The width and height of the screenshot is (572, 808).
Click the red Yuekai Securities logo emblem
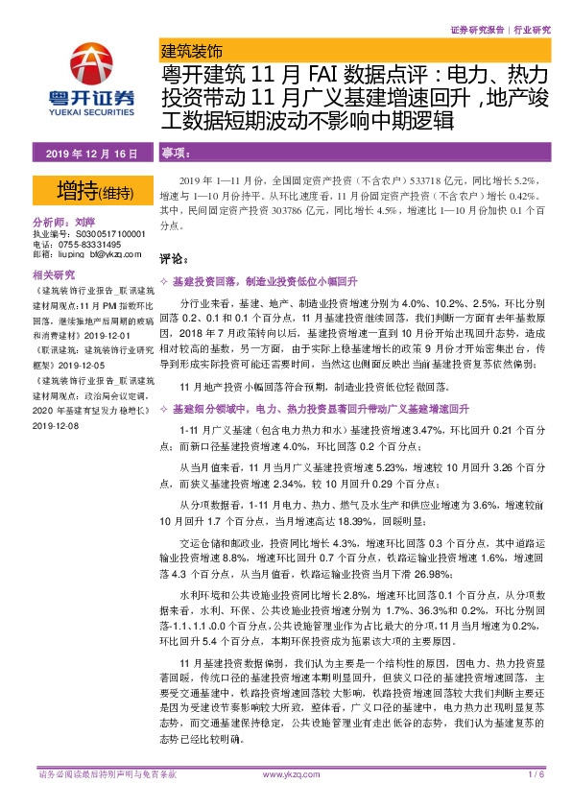coord(93,63)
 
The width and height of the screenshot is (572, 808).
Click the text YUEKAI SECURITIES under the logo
coord(92,108)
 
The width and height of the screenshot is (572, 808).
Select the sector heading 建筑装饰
coord(190,48)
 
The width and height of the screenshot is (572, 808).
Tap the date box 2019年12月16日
coord(92,154)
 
